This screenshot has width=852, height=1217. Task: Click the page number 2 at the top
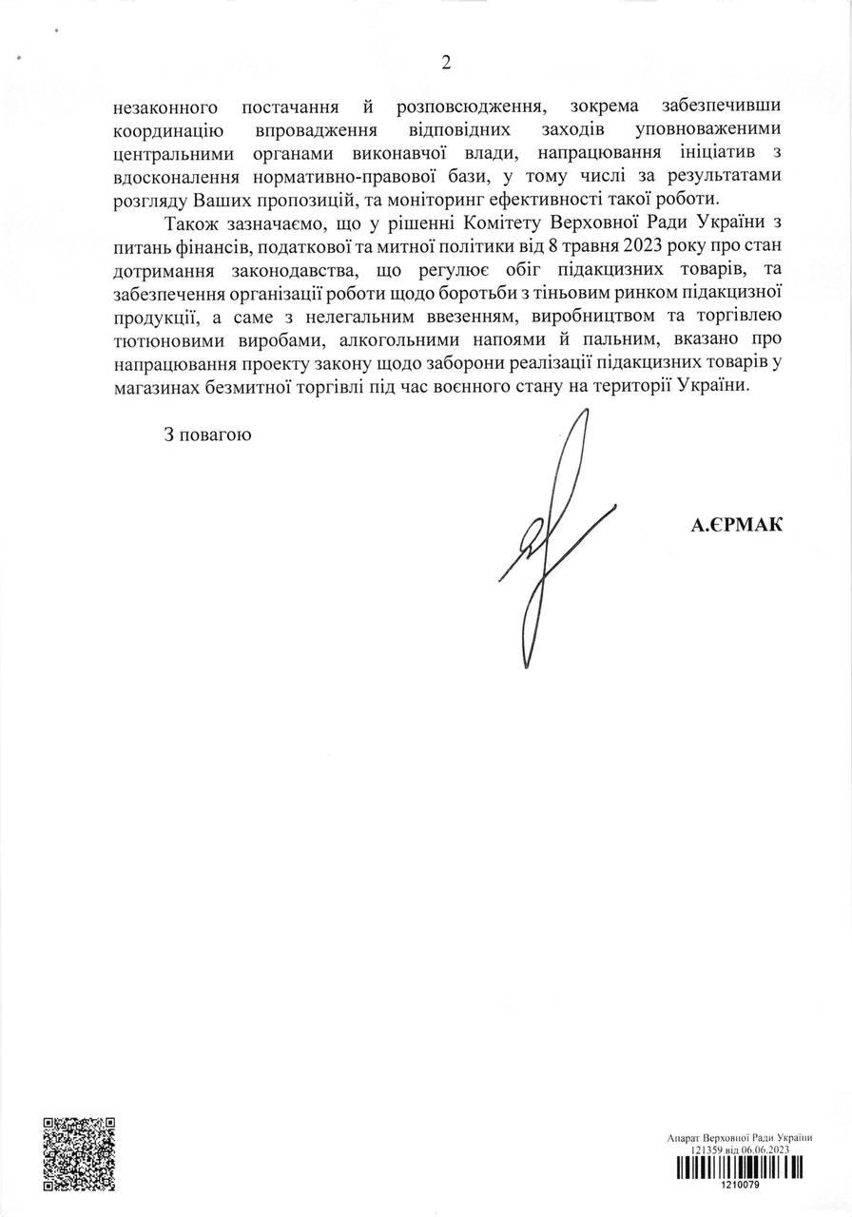445,64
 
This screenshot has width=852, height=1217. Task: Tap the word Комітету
525,224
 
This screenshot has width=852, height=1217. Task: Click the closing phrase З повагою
206,435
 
